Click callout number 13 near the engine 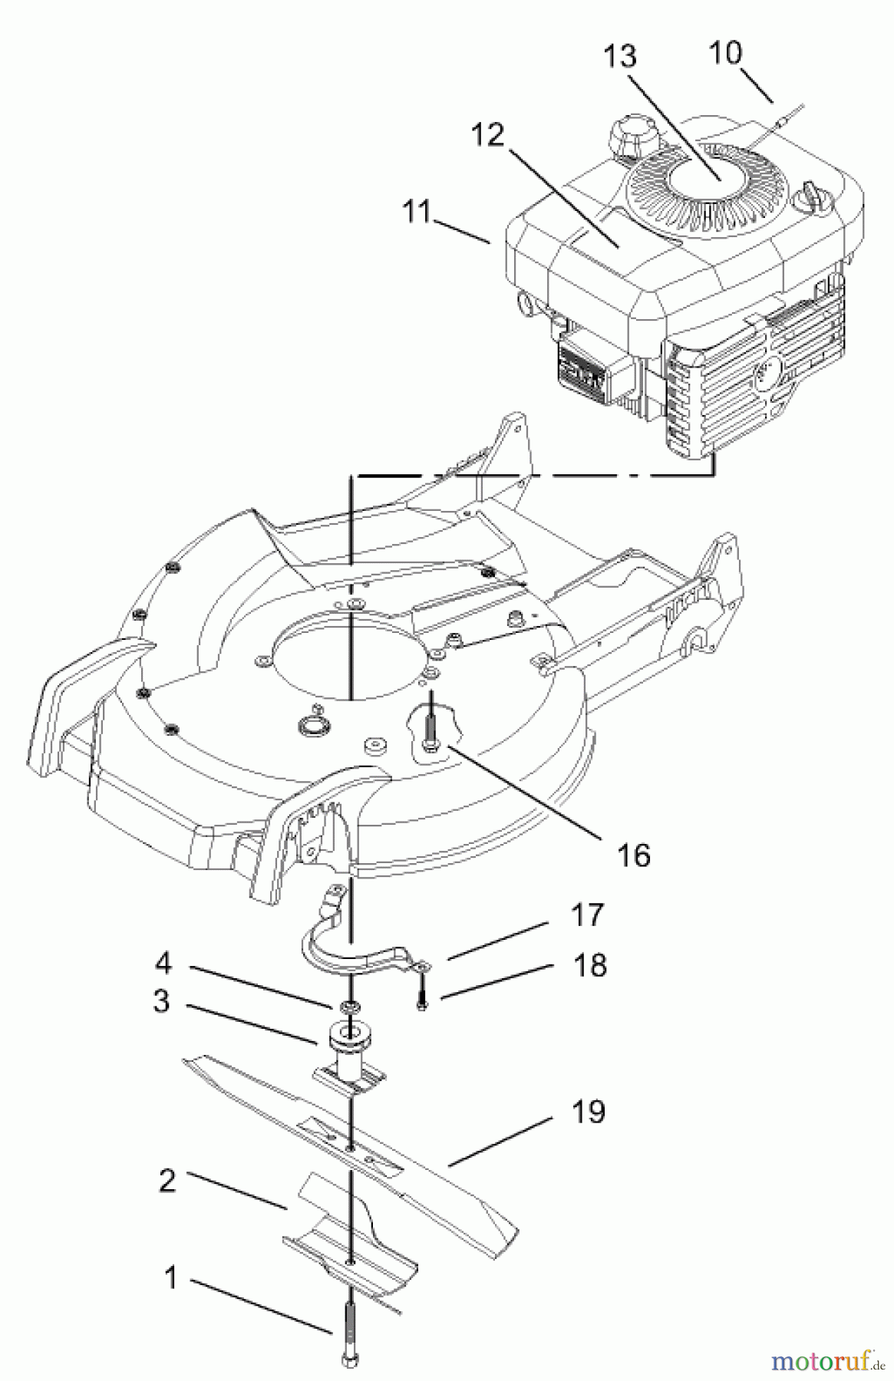coord(620,57)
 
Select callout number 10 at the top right coord(725,53)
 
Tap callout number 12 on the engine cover coord(487,135)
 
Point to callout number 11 coord(417,211)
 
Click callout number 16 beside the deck coord(634,855)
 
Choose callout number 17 coord(588,915)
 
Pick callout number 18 coord(590,966)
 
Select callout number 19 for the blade coord(589,1111)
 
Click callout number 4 coord(163,962)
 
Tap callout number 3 coord(161,1001)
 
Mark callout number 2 coord(167,1180)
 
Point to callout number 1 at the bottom coord(170,1277)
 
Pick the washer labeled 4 coord(350,1006)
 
